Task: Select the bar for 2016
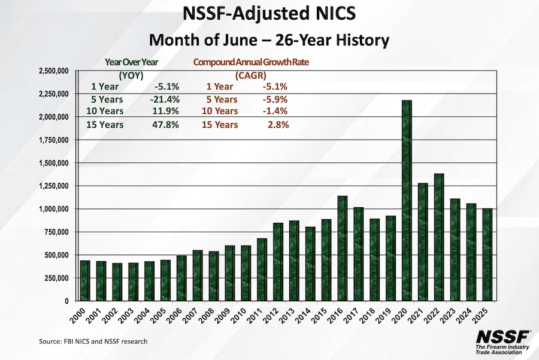click(342, 248)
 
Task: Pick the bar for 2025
click(487, 255)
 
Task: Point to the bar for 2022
click(439, 237)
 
